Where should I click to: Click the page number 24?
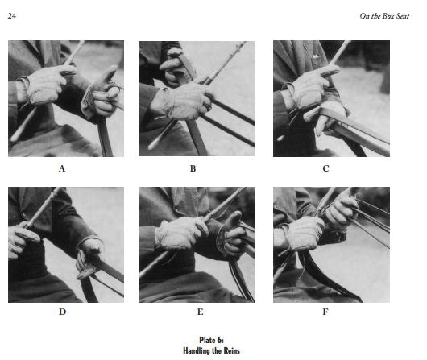[12, 16]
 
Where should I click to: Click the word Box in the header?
[388, 16]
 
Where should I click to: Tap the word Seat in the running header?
[403, 16]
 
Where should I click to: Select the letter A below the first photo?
[62, 168]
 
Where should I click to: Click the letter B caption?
[193, 168]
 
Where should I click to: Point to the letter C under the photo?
[325, 168]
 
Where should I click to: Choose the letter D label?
[62, 312]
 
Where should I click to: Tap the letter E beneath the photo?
[200, 312]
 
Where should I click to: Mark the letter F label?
[325, 312]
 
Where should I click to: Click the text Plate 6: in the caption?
[211, 340]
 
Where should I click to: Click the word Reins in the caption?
[232, 350]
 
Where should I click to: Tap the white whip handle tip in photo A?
[14, 138]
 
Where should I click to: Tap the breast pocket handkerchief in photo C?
[316, 56]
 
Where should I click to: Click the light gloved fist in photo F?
[303, 233]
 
